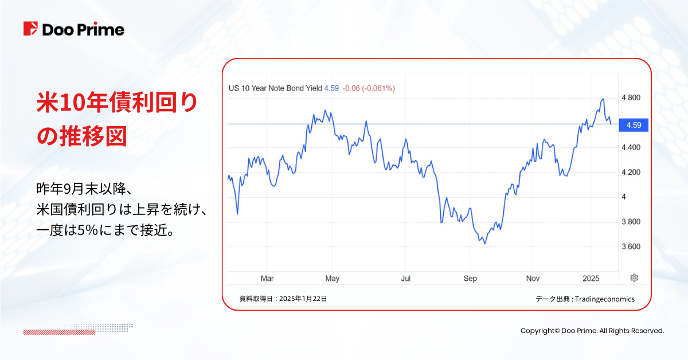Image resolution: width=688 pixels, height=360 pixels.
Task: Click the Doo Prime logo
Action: click(73, 29)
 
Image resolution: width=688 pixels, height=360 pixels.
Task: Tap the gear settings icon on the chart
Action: click(634, 278)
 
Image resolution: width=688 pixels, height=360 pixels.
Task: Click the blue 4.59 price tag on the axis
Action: click(633, 124)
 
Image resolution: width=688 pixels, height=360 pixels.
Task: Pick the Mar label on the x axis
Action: click(267, 279)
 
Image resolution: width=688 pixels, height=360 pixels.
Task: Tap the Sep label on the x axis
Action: click(470, 279)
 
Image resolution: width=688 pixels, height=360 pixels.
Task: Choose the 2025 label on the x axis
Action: click(591, 279)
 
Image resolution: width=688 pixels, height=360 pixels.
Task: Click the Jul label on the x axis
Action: click(405, 279)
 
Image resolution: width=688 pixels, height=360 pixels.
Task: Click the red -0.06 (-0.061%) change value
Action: click(369, 88)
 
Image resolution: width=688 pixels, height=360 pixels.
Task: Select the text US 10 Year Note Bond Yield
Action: click(275, 88)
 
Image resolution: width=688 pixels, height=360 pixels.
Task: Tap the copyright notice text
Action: click(592, 331)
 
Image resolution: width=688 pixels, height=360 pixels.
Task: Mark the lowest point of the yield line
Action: click(485, 244)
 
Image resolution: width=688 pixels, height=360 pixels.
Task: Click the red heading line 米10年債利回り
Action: click(117, 103)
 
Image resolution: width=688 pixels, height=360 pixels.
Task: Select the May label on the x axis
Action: click(332, 279)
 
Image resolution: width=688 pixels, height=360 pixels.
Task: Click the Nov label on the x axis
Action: click(533, 279)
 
